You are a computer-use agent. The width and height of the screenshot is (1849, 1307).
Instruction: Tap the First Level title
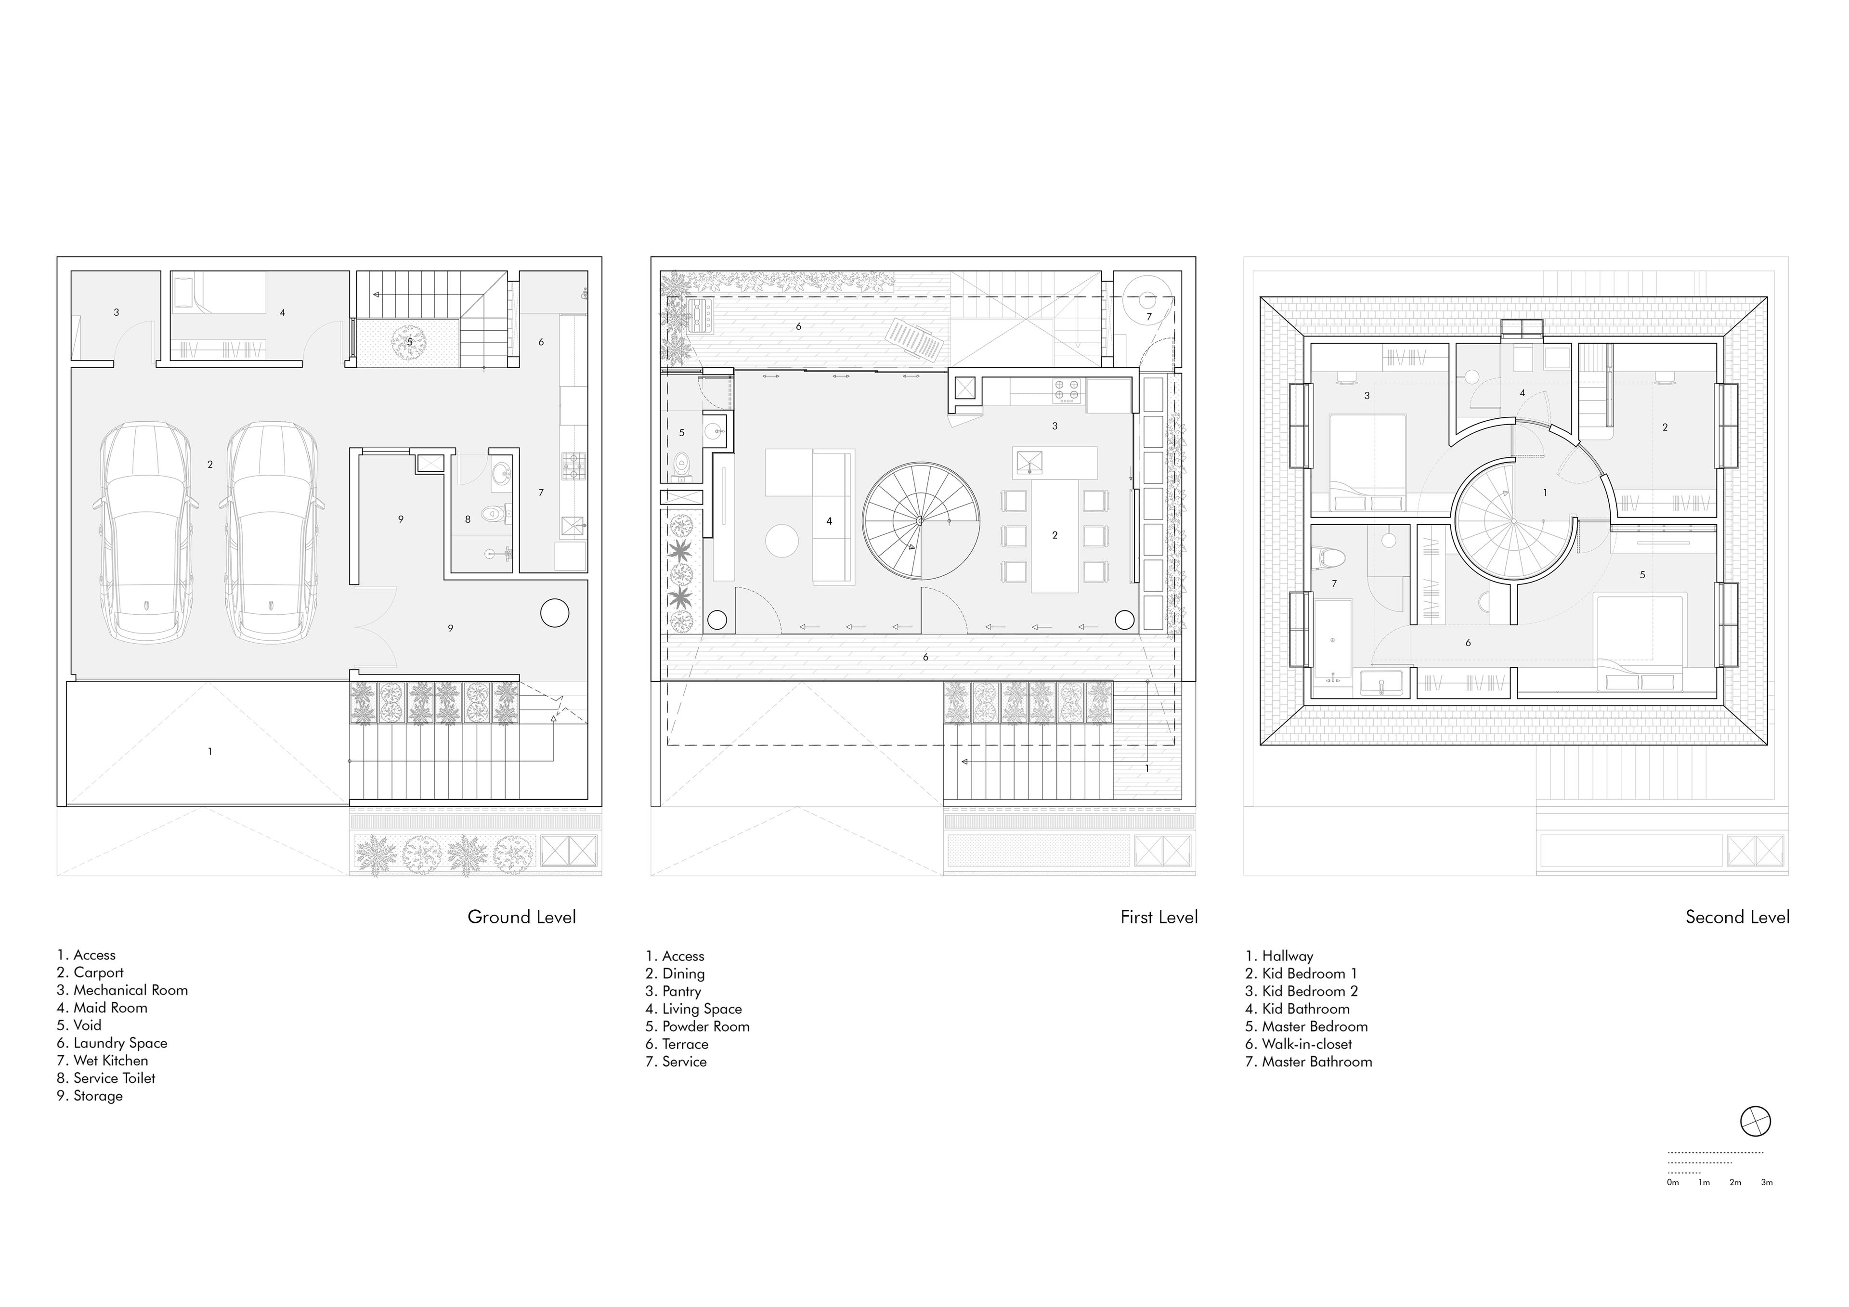[x=1159, y=917]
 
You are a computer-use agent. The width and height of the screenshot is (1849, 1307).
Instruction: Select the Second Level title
[x=1738, y=917]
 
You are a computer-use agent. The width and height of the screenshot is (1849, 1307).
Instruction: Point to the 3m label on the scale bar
[x=1767, y=1183]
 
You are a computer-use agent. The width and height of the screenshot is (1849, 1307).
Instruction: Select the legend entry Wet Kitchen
[x=102, y=1061]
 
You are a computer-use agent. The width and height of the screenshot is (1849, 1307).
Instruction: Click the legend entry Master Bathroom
[x=1309, y=1062]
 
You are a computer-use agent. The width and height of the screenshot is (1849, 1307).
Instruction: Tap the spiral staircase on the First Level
[x=921, y=521]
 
